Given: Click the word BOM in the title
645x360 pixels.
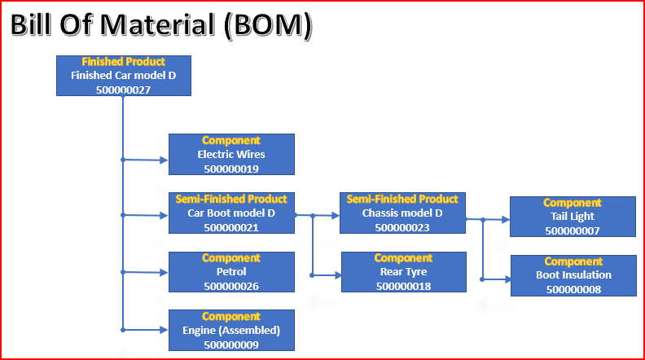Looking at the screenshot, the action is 268,25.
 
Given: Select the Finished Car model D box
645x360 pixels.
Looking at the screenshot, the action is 124,76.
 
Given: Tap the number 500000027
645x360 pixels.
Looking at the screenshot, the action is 124,90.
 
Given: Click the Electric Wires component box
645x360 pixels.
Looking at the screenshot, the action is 231,154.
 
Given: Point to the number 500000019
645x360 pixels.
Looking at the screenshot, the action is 231,169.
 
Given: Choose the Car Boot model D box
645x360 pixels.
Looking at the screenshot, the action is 231,213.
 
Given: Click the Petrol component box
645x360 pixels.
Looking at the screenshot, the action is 231,272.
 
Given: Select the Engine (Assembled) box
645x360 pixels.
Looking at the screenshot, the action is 231,331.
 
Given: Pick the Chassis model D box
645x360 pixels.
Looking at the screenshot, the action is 402,213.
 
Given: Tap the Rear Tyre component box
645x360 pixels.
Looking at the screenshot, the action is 404,272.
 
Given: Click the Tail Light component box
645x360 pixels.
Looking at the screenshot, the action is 573,217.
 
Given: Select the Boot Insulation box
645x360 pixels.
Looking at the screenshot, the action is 574,275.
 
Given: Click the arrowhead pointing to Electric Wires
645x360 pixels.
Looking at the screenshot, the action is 164,160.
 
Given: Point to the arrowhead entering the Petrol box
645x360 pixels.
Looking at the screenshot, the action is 164,272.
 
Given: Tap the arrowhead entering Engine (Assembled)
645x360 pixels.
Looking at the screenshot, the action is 164,330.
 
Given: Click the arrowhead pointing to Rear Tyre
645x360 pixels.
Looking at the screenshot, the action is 337,275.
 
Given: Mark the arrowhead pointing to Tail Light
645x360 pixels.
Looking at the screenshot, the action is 506,220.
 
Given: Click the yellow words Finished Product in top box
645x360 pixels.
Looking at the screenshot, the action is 124,62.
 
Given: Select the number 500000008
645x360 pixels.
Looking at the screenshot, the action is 574,290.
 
